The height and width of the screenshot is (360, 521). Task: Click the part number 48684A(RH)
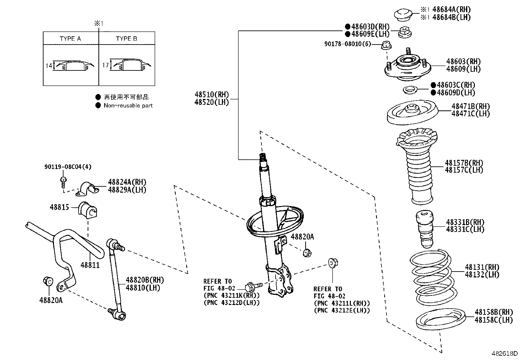(451, 10)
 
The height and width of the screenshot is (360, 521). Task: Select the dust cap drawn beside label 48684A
(403, 14)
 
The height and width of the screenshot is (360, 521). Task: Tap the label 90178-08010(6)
(348, 44)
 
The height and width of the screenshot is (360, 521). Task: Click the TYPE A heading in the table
(70, 38)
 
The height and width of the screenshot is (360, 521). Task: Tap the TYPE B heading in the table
(126, 38)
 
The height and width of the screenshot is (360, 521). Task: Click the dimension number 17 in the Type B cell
(105, 65)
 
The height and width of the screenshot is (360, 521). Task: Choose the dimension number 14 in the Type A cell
(49, 66)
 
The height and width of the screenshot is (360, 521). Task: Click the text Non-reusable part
(128, 105)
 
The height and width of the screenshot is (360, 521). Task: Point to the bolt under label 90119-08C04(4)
(63, 181)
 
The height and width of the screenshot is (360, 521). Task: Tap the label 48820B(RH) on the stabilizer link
(145, 280)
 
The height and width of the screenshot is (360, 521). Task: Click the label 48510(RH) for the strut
(211, 95)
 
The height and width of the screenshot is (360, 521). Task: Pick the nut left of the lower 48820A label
(47, 281)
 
